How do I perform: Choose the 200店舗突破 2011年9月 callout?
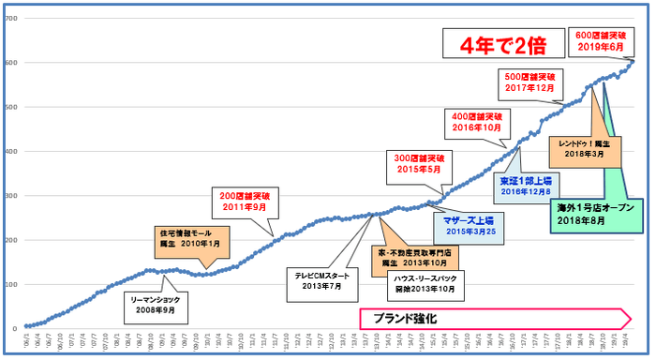243,201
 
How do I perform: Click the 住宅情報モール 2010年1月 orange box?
189,236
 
